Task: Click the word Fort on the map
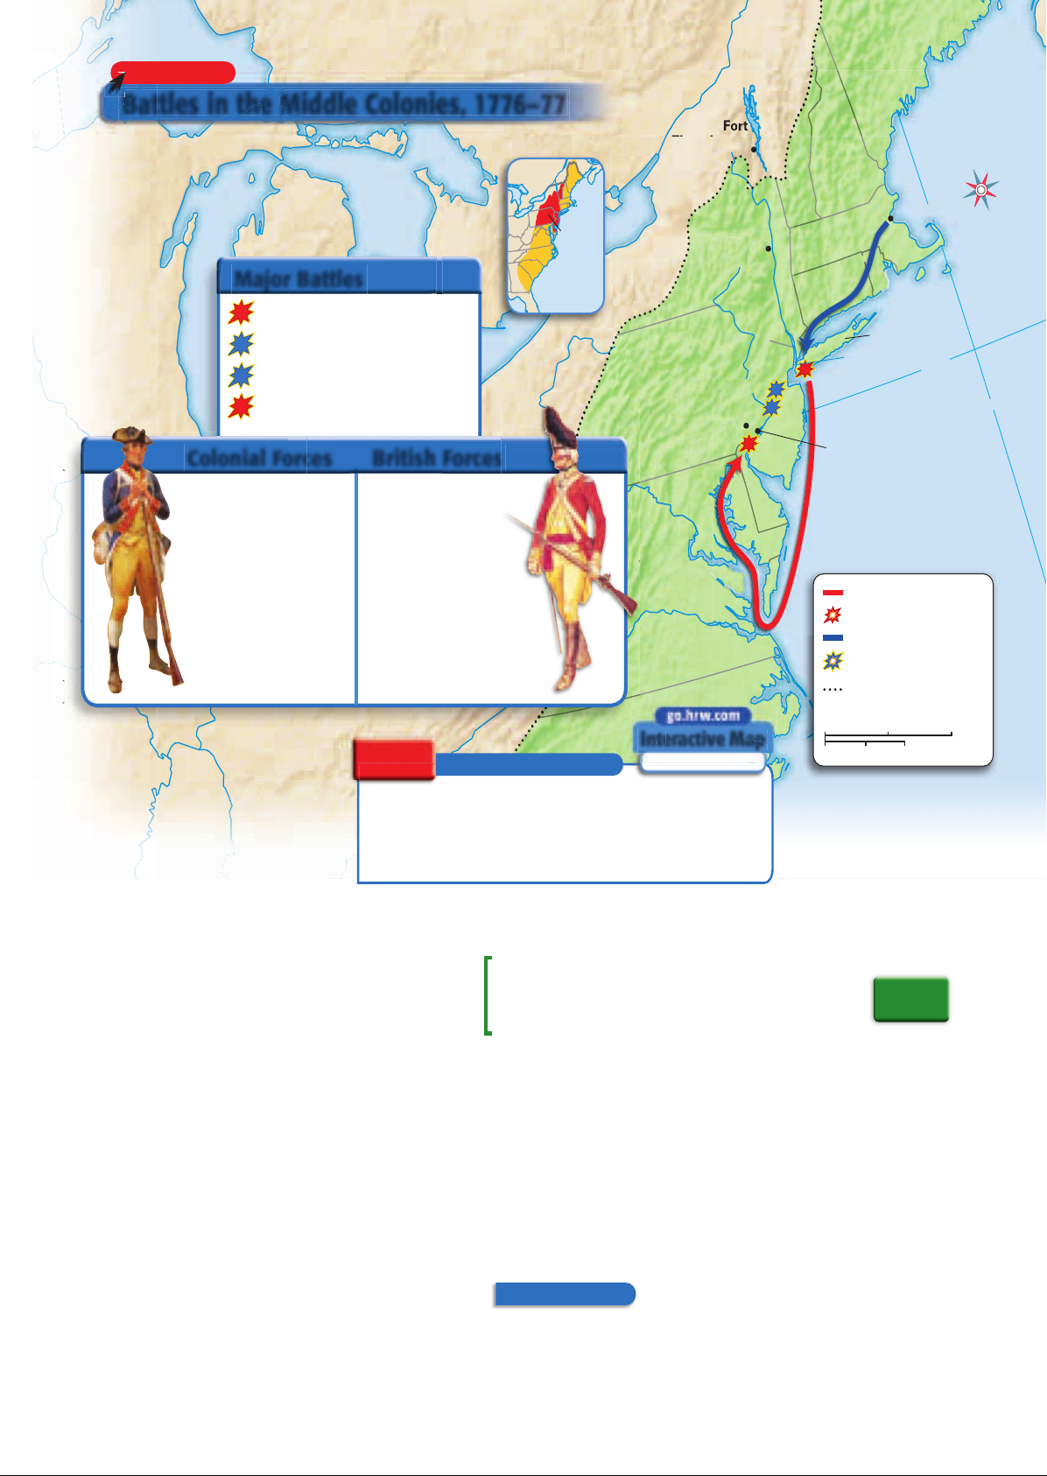click(735, 126)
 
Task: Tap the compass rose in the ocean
click(981, 190)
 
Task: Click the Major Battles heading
click(299, 279)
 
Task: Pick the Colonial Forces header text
click(259, 458)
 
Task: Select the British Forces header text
click(436, 458)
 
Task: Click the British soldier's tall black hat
click(557, 427)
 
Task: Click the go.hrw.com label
click(703, 716)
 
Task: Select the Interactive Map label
click(703, 739)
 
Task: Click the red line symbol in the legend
click(833, 594)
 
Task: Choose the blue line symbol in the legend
click(833, 638)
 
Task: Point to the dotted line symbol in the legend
click(833, 690)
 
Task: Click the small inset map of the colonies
click(555, 235)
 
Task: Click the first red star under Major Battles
click(241, 313)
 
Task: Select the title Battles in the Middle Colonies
click(344, 104)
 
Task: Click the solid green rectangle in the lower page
click(910, 1000)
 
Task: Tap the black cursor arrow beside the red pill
click(116, 81)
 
